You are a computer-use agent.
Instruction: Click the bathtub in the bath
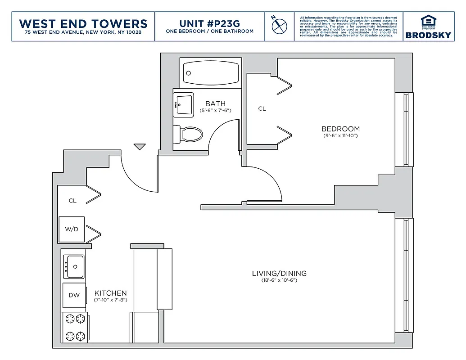pyautogui.click(x=211, y=73)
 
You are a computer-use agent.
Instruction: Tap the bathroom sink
pyautogui.click(x=183, y=105)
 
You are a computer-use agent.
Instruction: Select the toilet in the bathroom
pyautogui.click(x=189, y=134)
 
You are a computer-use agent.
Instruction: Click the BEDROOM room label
pyautogui.click(x=340, y=129)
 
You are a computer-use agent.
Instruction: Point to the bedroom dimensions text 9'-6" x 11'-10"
pyautogui.click(x=340, y=135)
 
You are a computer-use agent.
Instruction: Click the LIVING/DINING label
pyautogui.click(x=279, y=273)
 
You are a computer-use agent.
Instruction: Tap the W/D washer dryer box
pyautogui.click(x=72, y=229)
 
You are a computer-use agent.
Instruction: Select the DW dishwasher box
pyautogui.click(x=74, y=295)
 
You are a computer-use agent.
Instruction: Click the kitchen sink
pyautogui.click(x=74, y=266)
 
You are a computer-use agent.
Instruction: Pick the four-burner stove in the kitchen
pyautogui.click(x=75, y=327)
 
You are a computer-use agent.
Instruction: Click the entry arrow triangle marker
pyautogui.click(x=140, y=146)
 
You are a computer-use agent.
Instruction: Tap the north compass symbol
pyautogui.click(x=279, y=25)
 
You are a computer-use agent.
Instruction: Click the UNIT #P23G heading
pyautogui.click(x=209, y=23)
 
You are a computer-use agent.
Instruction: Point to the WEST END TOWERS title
pyautogui.click(x=83, y=23)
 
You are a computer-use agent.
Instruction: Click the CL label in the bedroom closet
pyautogui.click(x=262, y=108)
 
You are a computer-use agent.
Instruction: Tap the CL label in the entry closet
pyautogui.click(x=72, y=201)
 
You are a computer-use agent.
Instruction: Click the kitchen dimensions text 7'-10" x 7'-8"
pyautogui.click(x=110, y=300)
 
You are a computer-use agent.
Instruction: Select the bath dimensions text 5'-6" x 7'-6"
pyautogui.click(x=215, y=111)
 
